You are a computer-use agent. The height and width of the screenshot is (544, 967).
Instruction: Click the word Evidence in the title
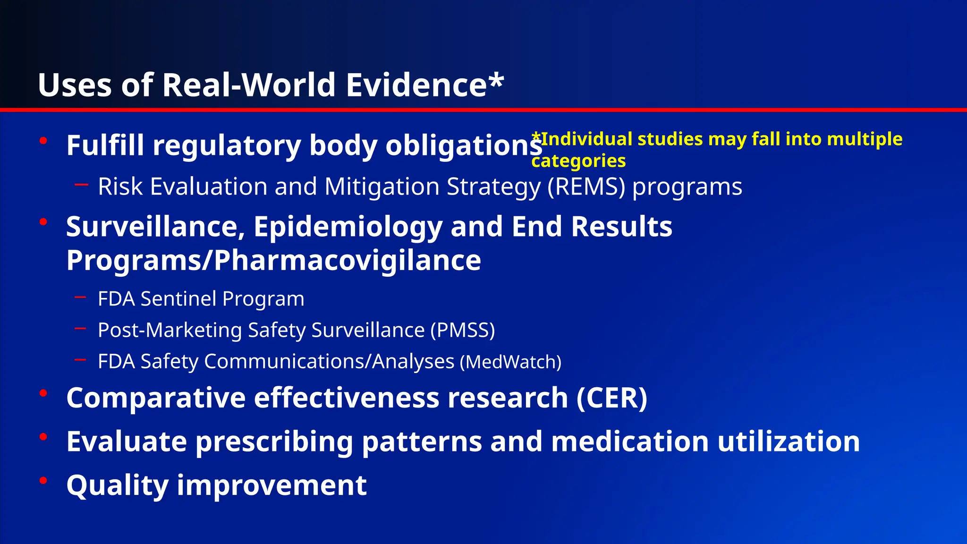(x=416, y=85)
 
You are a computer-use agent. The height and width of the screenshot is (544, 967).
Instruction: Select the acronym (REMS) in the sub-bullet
(x=586, y=187)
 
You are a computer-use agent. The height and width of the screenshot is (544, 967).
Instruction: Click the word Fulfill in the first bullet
(x=105, y=145)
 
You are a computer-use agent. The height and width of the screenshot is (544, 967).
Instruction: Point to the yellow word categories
(x=578, y=161)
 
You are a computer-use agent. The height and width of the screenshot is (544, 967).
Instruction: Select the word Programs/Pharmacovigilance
(x=273, y=260)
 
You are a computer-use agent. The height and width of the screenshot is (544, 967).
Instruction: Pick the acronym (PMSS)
(x=462, y=330)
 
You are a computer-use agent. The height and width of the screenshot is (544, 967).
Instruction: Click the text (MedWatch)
(x=510, y=362)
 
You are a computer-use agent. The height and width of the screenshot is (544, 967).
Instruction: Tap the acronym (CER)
(x=611, y=398)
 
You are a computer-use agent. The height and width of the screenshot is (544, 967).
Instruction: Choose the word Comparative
(x=156, y=398)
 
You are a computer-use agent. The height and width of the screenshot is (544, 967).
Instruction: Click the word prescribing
(x=274, y=442)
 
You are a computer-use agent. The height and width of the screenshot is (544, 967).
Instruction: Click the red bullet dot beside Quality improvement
(x=43, y=481)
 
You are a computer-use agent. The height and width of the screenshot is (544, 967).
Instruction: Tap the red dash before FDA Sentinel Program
(x=80, y=297)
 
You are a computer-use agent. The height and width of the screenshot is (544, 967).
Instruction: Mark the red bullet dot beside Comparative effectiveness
(x=43, y=393)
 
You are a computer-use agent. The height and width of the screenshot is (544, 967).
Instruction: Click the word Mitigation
(x=382, y=187)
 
